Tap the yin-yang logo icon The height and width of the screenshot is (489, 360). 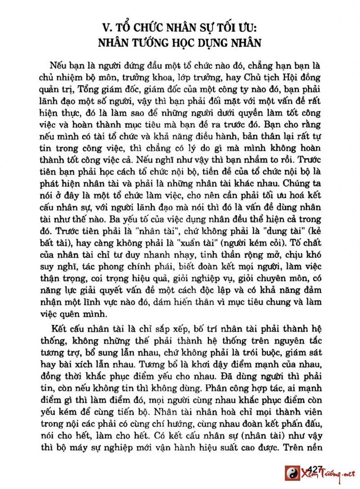click(292, 474)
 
